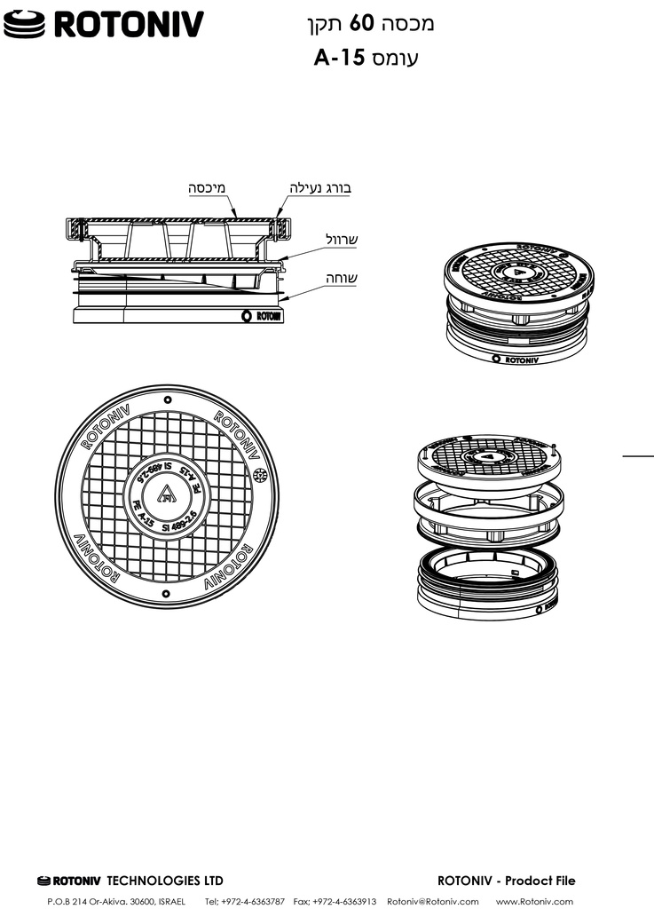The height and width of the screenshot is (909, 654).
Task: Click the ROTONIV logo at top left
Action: [103, 25]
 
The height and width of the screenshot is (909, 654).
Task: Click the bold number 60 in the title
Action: [359, 24]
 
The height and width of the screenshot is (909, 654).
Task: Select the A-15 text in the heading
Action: [340, 59]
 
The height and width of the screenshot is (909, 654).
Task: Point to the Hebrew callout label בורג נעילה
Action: [321, 188]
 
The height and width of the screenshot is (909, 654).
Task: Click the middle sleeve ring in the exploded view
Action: [489, 514]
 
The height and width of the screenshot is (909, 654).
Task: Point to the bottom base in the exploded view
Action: [490, 586]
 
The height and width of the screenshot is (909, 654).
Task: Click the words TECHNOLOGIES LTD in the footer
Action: [165, 881]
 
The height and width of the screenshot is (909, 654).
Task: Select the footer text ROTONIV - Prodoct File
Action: [507, 881]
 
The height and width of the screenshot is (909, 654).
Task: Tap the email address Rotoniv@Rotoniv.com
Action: [433, 901]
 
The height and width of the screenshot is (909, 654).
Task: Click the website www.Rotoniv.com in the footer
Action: [534, 901]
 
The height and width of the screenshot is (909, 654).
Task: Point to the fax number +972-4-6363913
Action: [344, 901]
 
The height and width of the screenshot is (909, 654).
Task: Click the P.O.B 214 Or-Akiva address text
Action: [115, 901]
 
